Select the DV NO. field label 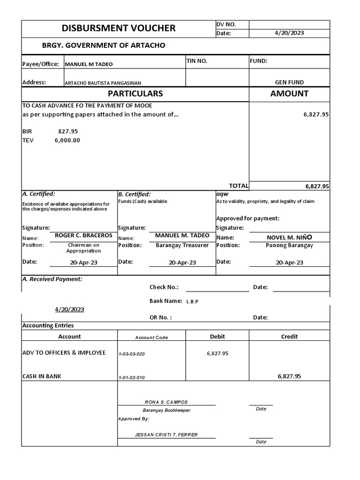coord(226,24)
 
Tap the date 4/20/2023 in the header coord(289,33)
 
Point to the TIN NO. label coord(197,61)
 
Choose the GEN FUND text coord(289,82)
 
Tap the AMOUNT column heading coord(289,93)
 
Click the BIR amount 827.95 coord(68,132)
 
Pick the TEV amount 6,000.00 coord(67,140)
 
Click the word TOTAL coord(238,186)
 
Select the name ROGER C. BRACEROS coord(83,236)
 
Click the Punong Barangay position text coord(289,245)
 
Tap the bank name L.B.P coord(192,301)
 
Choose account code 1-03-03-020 coord(132,354)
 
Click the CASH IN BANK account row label coord(42,376)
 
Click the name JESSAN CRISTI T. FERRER coord(166,435)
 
